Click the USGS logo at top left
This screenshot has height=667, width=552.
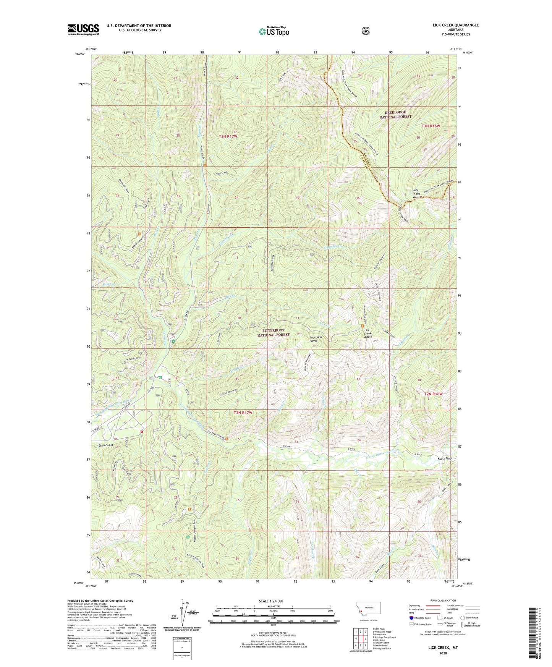pyautogui.click(x=83, y=29)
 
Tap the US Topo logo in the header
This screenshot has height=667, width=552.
pyautogui.click(x=274, y=31)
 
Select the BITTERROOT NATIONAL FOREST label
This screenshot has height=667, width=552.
pyautogui.click(x=276, y=332)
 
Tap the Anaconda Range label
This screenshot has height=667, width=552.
pyautogui.click(x=317, y=339)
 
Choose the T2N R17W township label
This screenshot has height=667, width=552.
pyautogui.click(x=243, y=413)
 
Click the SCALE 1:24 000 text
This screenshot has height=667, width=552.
pyautogui.click(x=271, y=601)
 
